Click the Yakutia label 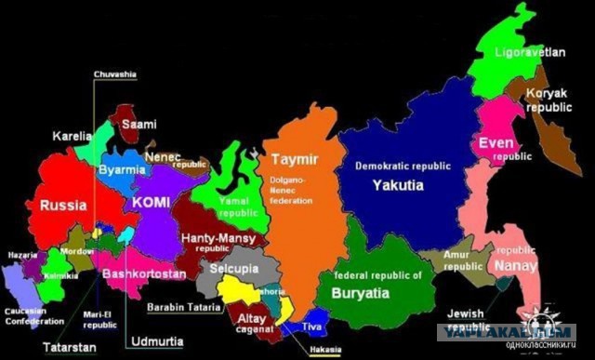tap(398, 185)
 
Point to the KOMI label tap(152, 201)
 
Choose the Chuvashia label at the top tap(116, 74)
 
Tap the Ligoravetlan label tap(530, 53)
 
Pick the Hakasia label tap(321, 351)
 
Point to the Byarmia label tap(122, 170)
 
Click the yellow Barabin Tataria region tap(238, 291)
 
